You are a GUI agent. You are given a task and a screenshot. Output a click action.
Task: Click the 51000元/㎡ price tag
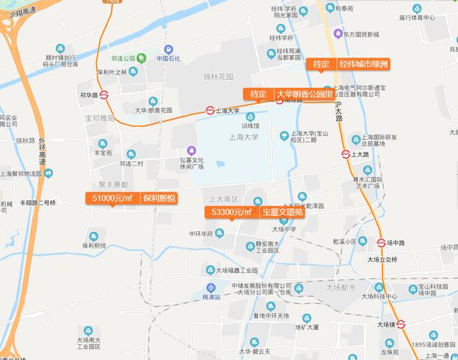[111, 198]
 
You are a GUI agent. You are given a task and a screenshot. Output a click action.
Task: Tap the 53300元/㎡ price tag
[230, 212]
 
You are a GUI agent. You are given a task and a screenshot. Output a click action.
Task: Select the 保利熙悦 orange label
[158, 198]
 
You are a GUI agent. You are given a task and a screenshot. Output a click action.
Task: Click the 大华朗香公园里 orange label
[305, 94]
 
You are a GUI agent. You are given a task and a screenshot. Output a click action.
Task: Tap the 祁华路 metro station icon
[104, 94]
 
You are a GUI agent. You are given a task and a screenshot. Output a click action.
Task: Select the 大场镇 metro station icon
[401, 325]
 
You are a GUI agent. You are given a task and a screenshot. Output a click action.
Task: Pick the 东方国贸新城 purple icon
[338, 32]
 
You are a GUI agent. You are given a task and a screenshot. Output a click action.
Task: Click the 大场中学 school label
[284, 230]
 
